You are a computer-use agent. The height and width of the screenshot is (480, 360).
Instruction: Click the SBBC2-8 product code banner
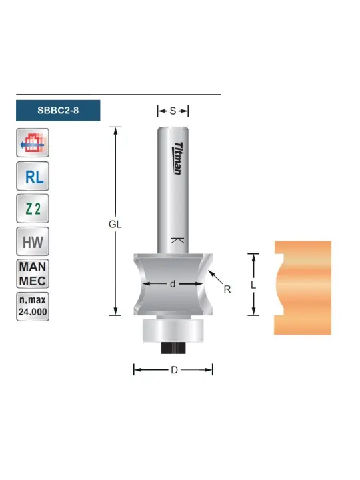tap(58, 110)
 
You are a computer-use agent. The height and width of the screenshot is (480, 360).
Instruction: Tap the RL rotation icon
tap(33, 176)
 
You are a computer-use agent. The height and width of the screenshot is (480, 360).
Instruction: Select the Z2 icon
tap(33, 209)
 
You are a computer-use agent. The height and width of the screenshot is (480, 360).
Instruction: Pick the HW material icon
tap(33, 241)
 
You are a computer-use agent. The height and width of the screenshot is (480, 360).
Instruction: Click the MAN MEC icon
tap(33, 274)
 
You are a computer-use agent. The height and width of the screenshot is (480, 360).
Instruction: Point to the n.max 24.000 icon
tap(33, 307)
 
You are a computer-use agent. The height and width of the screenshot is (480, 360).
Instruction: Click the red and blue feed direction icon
tap(33, 143)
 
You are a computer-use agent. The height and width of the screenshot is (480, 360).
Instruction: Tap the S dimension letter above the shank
tap(173, 111)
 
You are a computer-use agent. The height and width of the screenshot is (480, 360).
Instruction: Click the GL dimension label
tap(115, 225)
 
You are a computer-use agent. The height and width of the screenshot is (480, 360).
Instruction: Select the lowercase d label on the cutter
tap(173, 284)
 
